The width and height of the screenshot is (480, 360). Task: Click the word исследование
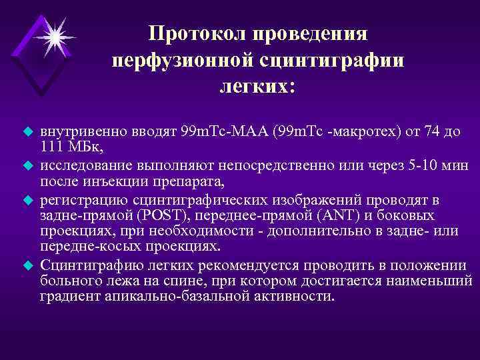click(85, 163)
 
